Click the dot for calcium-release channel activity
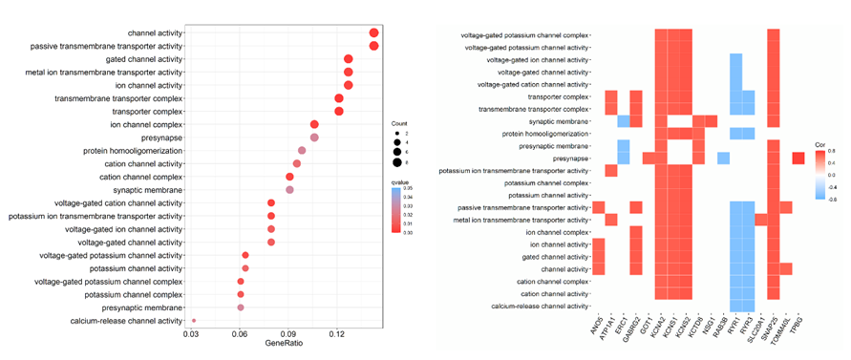click(x=194, y=321)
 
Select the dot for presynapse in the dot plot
click(x=315, y=138)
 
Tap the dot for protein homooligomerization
click(x=302, y=151)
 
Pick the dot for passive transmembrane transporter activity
click(x=373, y=46)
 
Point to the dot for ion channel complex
click(x=315, y=124)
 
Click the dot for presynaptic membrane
click(x=241, y=307)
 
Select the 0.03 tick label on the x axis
click(x=191, y=336)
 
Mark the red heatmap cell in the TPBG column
click(x=798, y=158)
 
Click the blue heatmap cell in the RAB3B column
click(x=723, y=158)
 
